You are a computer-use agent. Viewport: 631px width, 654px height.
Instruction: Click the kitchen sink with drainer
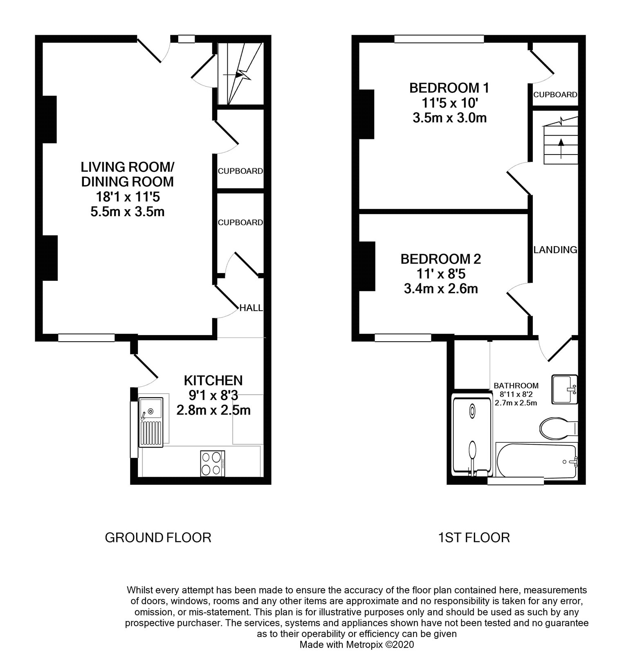tap(150, 422)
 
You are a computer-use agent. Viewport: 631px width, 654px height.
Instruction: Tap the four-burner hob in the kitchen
tap(213, 463)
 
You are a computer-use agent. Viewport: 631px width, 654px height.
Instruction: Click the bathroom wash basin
tap(565, 389)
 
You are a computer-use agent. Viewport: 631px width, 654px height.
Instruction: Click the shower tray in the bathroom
tap(472, 435)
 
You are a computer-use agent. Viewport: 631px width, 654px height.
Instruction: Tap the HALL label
tap(251, 308)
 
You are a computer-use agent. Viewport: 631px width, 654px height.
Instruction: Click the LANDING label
tap(555, 249)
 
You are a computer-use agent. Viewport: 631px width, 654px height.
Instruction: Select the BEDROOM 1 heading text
tap(449, 87)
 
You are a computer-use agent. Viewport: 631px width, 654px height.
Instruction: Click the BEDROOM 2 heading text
tap(441, 259)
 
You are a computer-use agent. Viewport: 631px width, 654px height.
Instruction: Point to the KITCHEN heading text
tap(213, 380)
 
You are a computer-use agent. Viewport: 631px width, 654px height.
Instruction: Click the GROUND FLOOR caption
tap(158, 537)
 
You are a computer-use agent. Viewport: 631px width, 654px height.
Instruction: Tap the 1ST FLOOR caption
tap(474, 537)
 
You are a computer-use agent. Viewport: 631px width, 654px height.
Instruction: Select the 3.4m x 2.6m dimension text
tap(441, 289)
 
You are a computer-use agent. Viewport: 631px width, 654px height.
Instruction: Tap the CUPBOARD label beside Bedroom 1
tap(555, 94)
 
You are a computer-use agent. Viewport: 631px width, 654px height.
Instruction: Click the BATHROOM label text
tap(516, 385)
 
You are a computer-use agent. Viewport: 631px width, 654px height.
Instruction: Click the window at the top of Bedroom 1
tap(439, 39)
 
